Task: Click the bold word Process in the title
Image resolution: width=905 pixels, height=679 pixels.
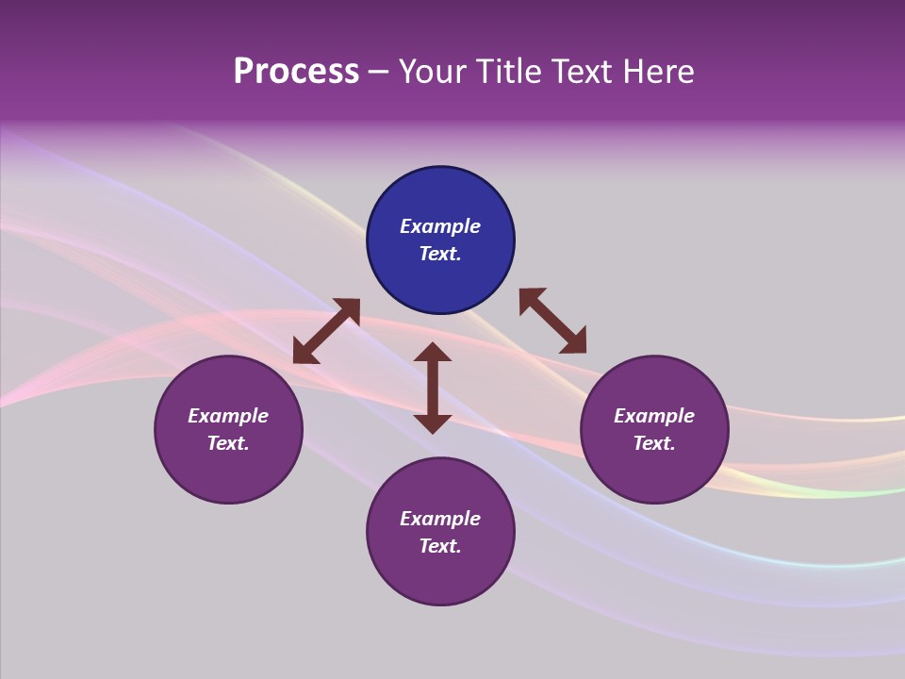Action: click(x=296, y=72)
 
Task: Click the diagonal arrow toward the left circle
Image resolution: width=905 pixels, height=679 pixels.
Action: click(x=326, y=331)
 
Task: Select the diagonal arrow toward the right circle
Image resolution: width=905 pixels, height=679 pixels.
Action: click(x=552, y=321)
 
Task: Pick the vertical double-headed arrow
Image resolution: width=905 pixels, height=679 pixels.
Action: click(x=433, y=388)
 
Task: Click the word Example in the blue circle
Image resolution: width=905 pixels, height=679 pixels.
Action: click(x=440, y=226)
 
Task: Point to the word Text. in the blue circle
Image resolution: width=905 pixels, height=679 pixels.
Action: click(x=440, y=254)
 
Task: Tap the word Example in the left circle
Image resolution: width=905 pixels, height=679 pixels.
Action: click(x=228, y=416)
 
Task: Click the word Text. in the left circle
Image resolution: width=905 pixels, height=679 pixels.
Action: click(x=228, y=443)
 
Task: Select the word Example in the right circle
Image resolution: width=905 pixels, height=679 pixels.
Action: click(x=654, y=416)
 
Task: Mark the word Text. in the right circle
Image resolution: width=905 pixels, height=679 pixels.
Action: click(x=654, y=443)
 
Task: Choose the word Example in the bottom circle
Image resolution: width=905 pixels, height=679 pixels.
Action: click(x=440, y=519)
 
